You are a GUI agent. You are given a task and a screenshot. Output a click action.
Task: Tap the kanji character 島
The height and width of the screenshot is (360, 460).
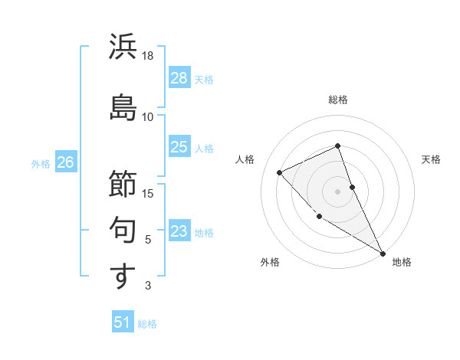coord(123,106)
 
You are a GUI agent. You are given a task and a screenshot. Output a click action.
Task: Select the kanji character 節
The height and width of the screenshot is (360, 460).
coord(123,183)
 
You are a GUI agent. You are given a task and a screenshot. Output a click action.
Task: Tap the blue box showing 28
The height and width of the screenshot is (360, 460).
coord(179,78)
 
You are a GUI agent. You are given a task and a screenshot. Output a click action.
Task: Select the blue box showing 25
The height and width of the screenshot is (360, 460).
coord(179,147)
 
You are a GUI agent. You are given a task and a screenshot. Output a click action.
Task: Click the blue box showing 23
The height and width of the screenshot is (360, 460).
coord(179,231)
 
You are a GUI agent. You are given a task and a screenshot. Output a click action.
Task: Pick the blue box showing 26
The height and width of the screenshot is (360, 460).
coord(65,162)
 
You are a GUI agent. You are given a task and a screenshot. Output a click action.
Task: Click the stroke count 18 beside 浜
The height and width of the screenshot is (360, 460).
coord(148,56)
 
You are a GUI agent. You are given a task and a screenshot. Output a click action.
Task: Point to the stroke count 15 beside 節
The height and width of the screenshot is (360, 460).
coord(148,193)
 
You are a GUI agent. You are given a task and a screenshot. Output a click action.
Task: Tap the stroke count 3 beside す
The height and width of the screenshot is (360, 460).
coord(148,286)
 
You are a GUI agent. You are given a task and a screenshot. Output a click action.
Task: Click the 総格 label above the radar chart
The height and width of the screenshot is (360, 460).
coord(338,100)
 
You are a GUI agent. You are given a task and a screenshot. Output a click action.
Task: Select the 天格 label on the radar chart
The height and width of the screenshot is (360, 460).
coord(431,159)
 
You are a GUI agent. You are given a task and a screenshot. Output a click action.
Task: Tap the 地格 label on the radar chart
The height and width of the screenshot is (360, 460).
coord(402,262)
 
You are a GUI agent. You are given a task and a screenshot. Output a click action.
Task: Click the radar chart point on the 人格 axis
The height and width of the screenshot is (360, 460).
coord(280,172)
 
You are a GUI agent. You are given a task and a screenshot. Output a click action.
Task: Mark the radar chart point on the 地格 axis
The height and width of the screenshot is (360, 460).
coord(383,253)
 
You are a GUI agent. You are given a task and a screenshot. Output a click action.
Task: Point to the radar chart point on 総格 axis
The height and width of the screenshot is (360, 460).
coord(337,146)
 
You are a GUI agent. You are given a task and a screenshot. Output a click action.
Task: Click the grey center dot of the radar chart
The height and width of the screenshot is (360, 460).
coord(337,191)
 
